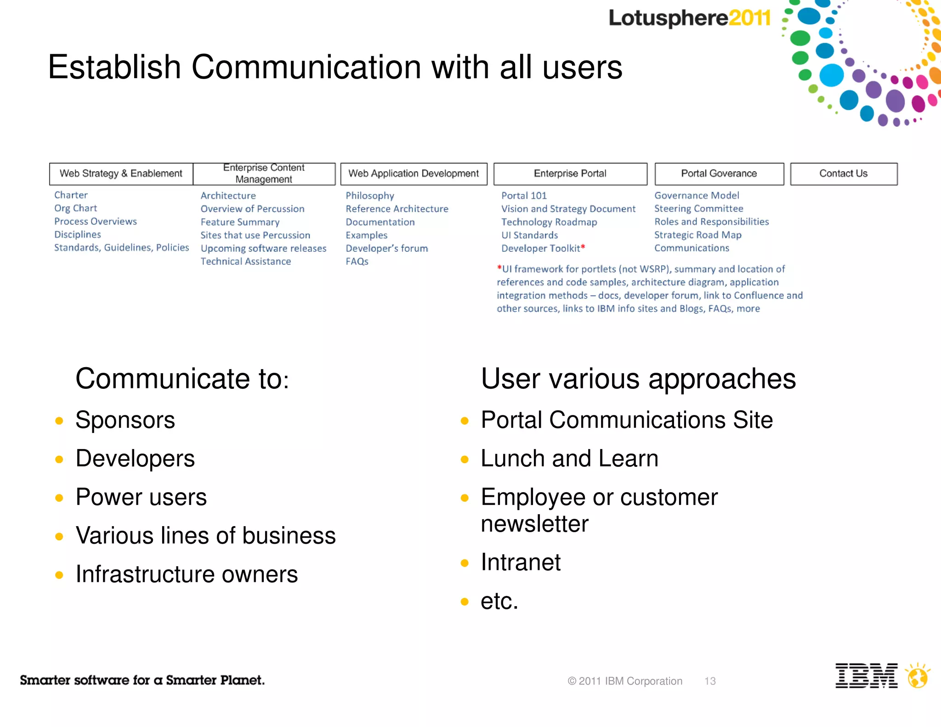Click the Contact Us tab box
844,174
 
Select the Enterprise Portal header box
570,174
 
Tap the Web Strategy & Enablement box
121,174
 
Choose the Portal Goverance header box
719,174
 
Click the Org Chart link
76,208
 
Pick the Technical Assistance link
246,261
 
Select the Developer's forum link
387,249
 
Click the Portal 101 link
524,196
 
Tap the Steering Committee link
698,209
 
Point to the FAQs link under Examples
357,261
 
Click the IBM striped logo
866,676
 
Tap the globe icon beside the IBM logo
918,676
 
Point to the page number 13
710,681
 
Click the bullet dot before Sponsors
59,420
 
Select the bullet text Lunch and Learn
569,459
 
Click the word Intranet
521,562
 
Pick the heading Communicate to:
182,379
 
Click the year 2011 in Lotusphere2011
749,18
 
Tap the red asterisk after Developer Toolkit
583,247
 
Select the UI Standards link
529,235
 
